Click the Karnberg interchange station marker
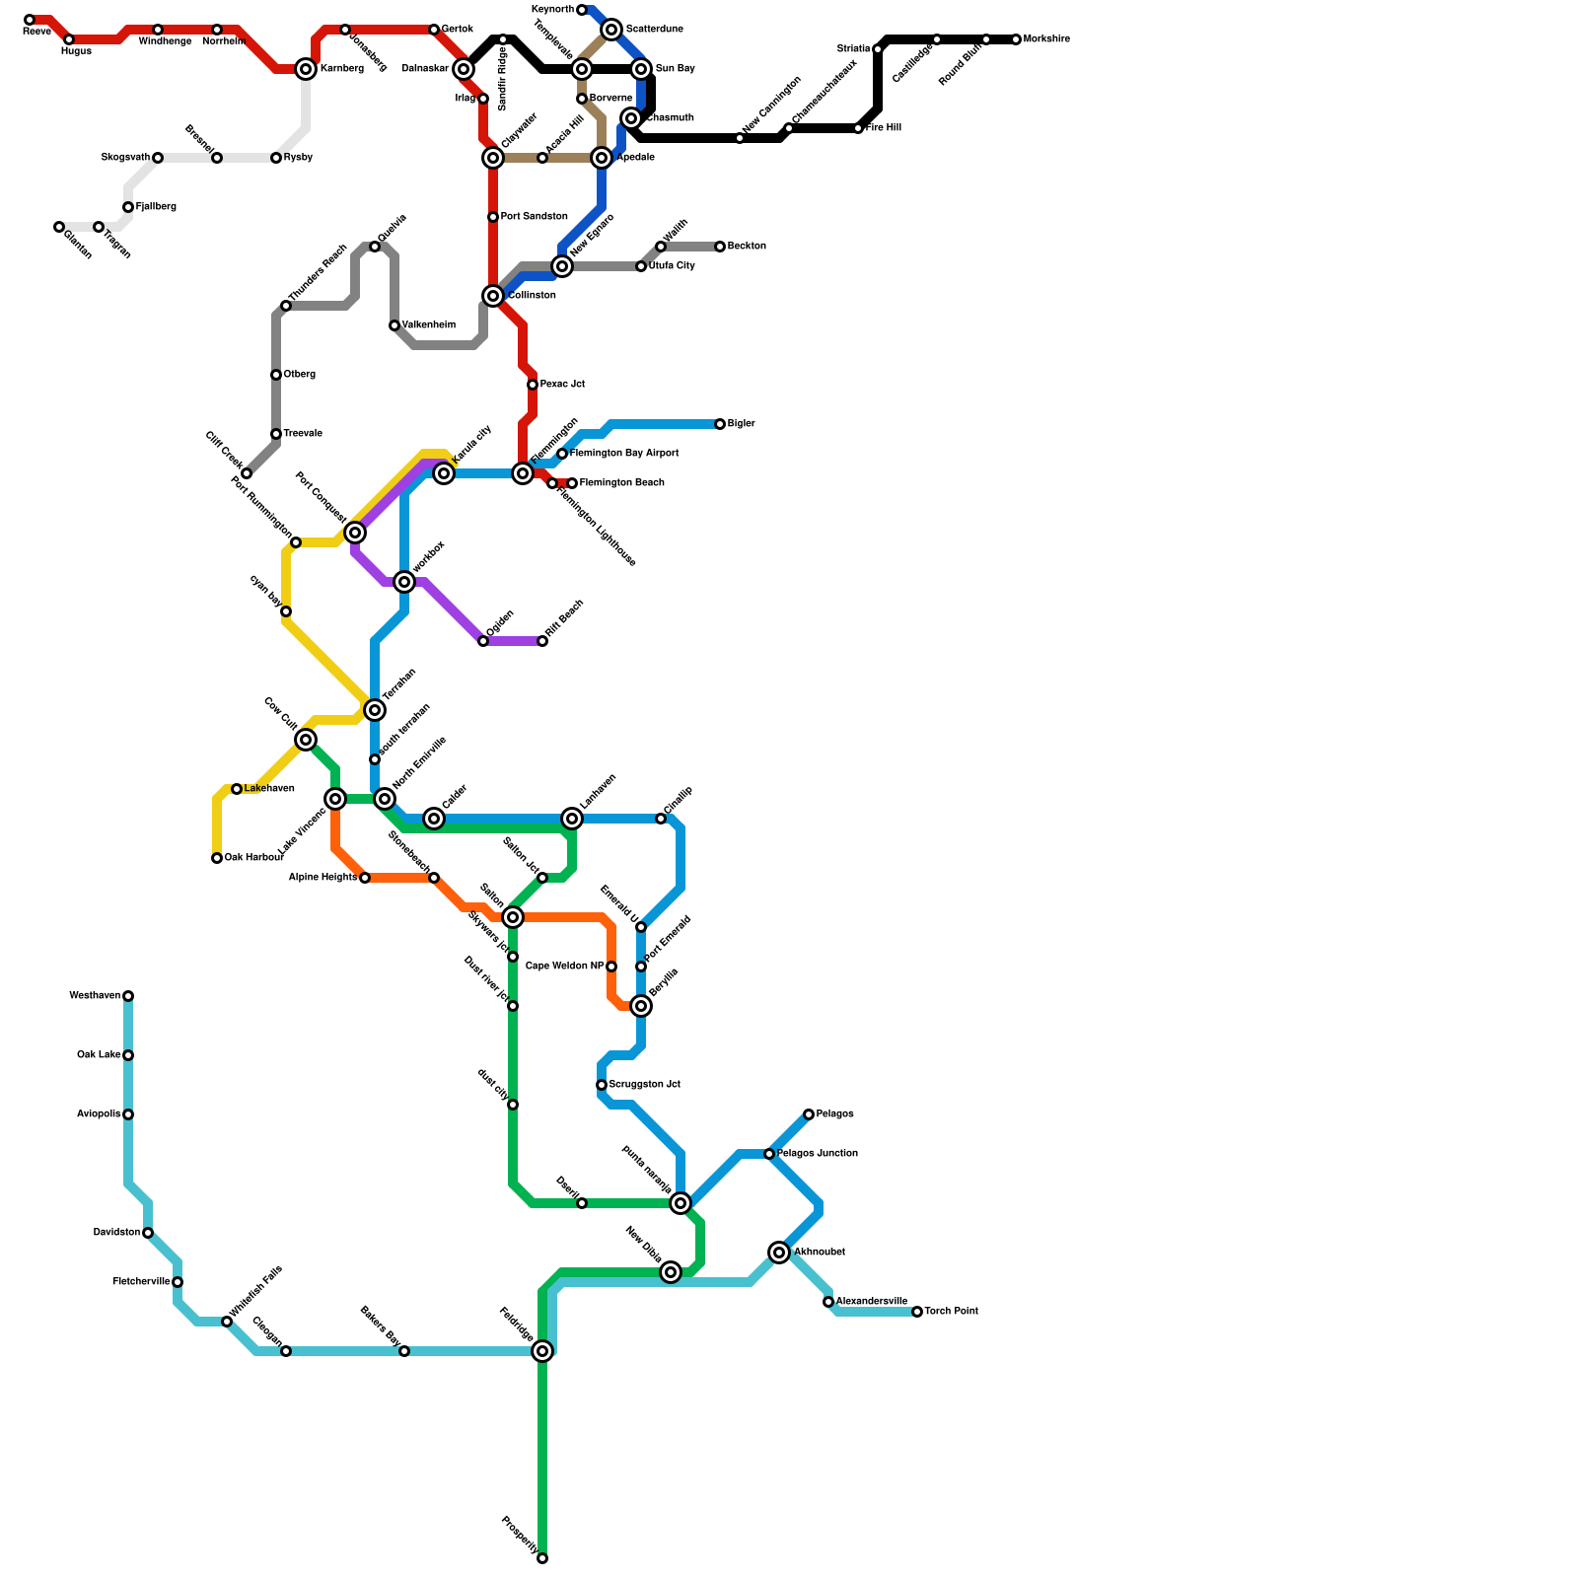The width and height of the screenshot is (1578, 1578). [306, 69]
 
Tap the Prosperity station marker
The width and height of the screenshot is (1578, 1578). [542, 1558]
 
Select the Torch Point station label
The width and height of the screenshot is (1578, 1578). [951, 1312]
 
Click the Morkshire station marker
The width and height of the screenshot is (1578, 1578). [1016, 39]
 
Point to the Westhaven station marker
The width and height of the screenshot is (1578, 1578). [128, 996]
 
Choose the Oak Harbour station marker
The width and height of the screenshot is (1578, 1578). [217, 858]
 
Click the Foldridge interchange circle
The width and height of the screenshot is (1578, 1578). [542, 1351]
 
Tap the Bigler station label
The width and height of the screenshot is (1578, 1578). [741, 424]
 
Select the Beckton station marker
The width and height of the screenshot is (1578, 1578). [720, 247]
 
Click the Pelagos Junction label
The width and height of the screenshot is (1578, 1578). [817, 1154]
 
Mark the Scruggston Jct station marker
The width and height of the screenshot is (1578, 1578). [602, 1085]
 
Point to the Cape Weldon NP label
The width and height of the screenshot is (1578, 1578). [564, 967]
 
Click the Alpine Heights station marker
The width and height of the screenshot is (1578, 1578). [365, 878]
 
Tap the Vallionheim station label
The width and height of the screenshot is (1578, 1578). [428, 325]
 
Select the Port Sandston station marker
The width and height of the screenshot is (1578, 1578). [493, 217]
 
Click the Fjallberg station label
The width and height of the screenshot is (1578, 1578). [156, 207]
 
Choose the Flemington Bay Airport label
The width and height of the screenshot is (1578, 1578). [623, 454]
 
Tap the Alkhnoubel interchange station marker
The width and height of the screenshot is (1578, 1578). [780, 1253]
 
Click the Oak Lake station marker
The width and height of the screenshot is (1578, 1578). [128, 1055]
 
